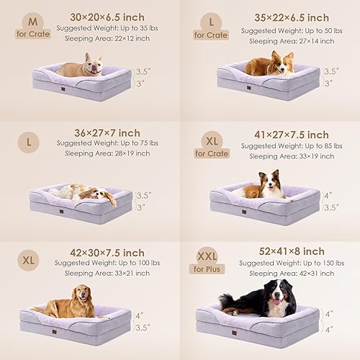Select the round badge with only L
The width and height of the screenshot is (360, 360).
click(x=29, y=143)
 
